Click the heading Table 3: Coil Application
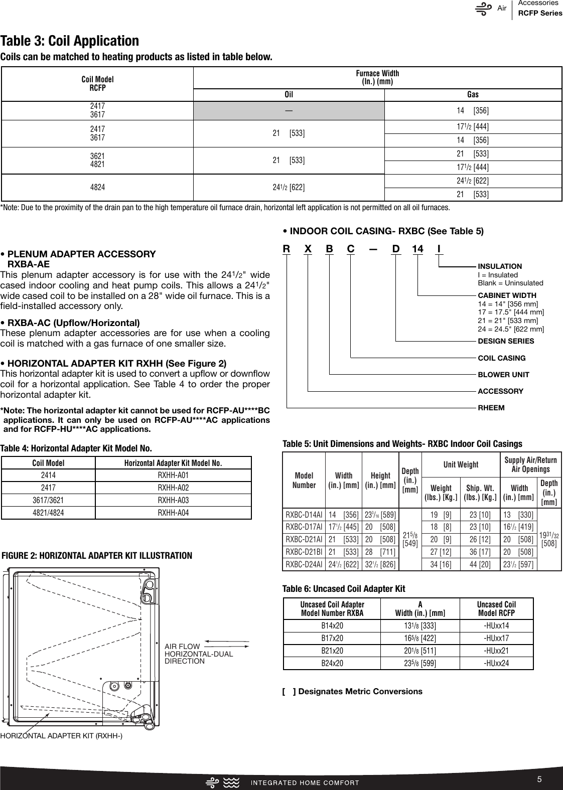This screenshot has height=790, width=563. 70,41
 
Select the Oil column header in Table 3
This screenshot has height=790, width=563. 289,94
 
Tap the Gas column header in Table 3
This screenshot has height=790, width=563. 473,94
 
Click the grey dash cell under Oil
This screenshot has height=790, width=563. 289,110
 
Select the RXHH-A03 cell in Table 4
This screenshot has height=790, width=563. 173,500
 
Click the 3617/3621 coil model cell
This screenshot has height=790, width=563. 48,500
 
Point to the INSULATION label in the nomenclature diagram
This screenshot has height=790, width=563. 500,266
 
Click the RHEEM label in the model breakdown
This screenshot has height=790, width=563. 491,407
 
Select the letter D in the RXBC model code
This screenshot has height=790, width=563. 396,249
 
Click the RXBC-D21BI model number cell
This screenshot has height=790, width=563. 304,552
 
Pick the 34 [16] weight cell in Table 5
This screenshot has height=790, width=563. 441,564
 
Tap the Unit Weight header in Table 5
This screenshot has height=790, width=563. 461,464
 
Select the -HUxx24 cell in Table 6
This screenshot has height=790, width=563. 496,663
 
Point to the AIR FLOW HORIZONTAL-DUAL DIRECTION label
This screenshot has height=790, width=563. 199,654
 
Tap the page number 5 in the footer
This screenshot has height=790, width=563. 539,779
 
